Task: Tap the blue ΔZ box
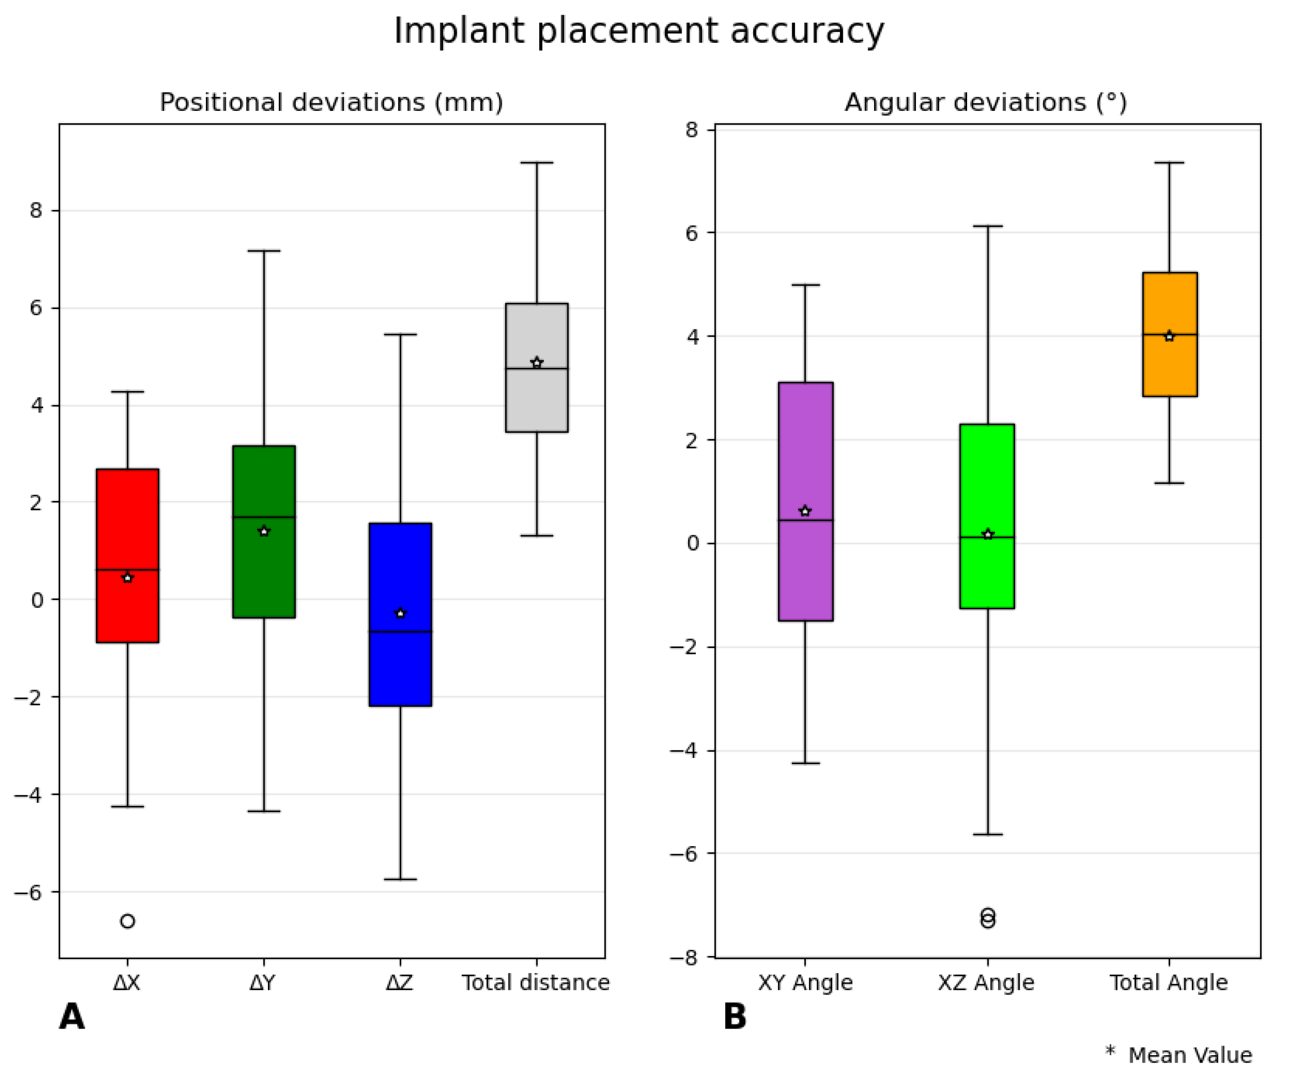click(x=400, y=670)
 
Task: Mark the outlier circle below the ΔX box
click(x=128, y=921)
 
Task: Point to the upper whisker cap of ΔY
click(x=264, y=251)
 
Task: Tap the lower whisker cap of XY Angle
click(x=806, y=763)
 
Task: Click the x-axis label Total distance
click(x=536, y=983)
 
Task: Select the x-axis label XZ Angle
click(x=986, y=983)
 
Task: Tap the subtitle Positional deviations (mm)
click(x=332, y=102)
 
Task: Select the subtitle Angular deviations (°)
click(x=986, y=102)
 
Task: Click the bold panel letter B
click(x=735, y=1016)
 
